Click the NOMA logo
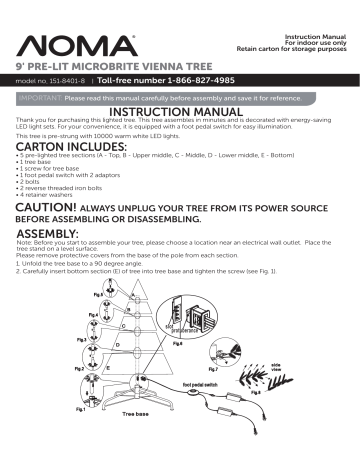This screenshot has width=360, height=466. click(x=69, y=46)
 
